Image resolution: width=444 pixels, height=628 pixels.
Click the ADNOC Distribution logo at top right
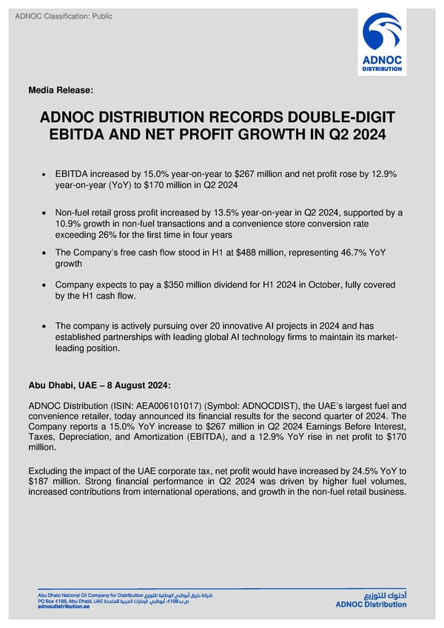click(382, 42)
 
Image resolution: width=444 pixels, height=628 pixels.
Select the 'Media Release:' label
click(61, 90)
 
